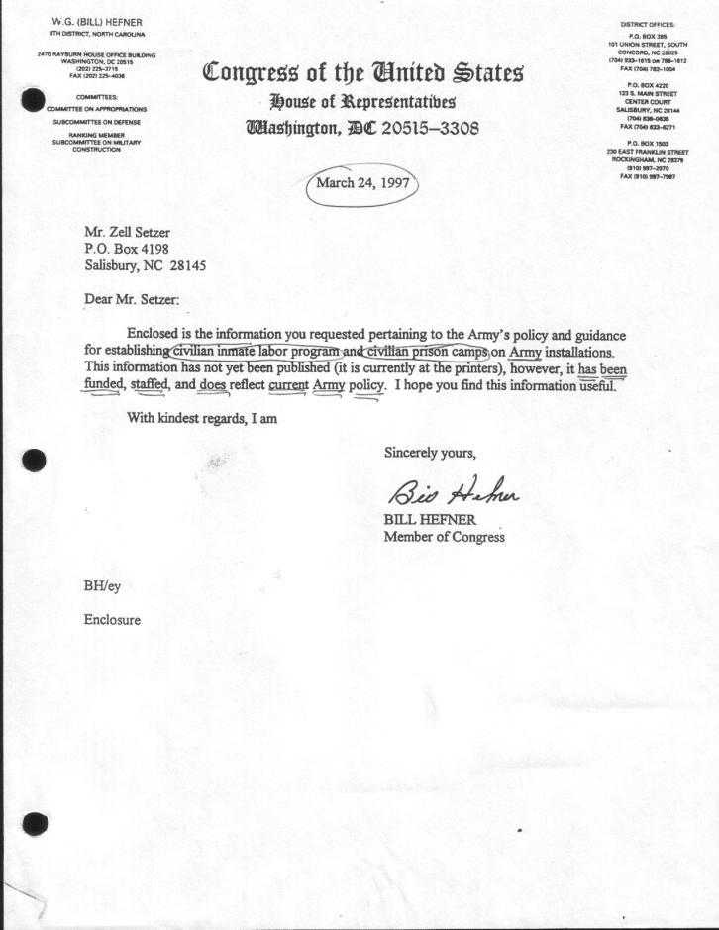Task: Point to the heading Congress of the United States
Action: (x=362, y=73)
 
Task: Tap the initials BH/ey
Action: (x=103, y=585)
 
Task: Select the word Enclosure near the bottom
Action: (x=112, y=620)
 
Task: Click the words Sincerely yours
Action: (x=430, y=453)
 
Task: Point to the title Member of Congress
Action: (x=445, y=537)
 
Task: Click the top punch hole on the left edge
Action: (x=34, y=100)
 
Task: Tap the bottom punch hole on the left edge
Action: (x=34, y=823)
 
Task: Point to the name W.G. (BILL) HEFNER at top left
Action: (x=97, y=23)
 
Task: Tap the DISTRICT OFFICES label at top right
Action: (x=647, y=23)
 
